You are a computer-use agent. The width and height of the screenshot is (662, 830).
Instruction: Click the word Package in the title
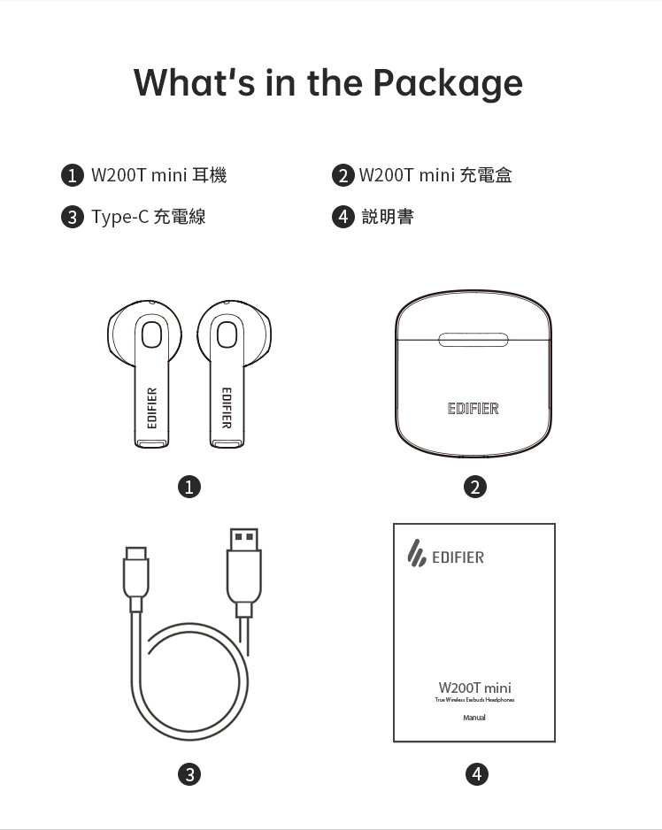[448, 83]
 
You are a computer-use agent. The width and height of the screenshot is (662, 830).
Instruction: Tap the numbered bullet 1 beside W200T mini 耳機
[72, 175]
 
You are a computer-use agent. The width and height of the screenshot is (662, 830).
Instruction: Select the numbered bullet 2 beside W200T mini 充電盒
[343, 175]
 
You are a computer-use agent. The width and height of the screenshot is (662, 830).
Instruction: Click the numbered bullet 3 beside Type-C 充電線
[72, 217]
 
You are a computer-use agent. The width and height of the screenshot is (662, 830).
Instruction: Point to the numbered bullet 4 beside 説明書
[343, 217]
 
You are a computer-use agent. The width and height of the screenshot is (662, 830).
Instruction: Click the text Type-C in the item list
[119, 217]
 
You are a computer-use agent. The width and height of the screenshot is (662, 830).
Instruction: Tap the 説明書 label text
[388, 217]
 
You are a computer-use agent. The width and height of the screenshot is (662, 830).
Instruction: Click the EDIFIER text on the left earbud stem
[152, 408]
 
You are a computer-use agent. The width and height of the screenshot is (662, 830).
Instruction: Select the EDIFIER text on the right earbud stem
[227, 408]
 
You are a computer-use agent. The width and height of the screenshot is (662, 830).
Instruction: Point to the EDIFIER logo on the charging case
[473, 409]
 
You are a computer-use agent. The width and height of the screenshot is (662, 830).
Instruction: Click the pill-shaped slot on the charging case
[473, 340]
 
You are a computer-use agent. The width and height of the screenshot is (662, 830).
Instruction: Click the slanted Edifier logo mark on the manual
[417, 553]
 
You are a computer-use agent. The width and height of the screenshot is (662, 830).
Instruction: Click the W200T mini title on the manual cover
[474, 688]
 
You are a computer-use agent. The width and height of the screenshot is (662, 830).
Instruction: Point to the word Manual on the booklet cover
[474, 718]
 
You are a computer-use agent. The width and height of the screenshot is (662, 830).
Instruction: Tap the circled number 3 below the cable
[189, 774]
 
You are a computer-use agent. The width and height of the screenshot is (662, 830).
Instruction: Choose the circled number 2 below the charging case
[474, 487]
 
